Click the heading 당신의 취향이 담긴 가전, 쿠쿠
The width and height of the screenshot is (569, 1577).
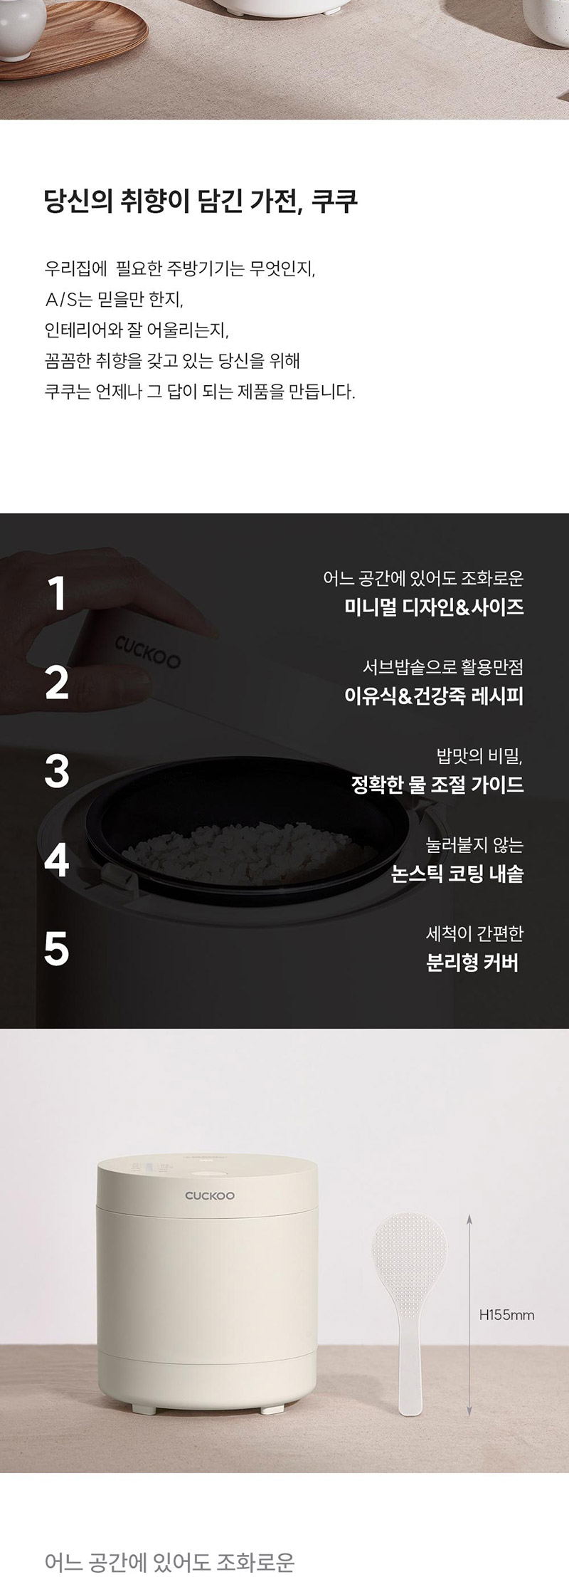(x=201, y=201)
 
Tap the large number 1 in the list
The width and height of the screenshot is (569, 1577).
(x=58, y=593)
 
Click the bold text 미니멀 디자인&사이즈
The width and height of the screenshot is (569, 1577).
(x=434, y=607)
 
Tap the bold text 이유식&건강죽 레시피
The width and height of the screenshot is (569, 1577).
(x=434, y=696)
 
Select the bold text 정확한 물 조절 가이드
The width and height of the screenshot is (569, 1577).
(x=437, y=785)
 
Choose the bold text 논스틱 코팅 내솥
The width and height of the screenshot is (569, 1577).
(x=457, y=874)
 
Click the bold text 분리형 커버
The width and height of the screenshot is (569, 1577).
(x=472, y=963)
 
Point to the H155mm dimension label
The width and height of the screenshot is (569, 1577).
(x=506, y=1315)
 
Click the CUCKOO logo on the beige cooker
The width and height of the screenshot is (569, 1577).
(x=210, y=1195)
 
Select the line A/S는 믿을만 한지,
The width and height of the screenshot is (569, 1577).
(x=114, y=300)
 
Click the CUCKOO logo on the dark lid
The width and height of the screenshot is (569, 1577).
(x=147, y=651)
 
